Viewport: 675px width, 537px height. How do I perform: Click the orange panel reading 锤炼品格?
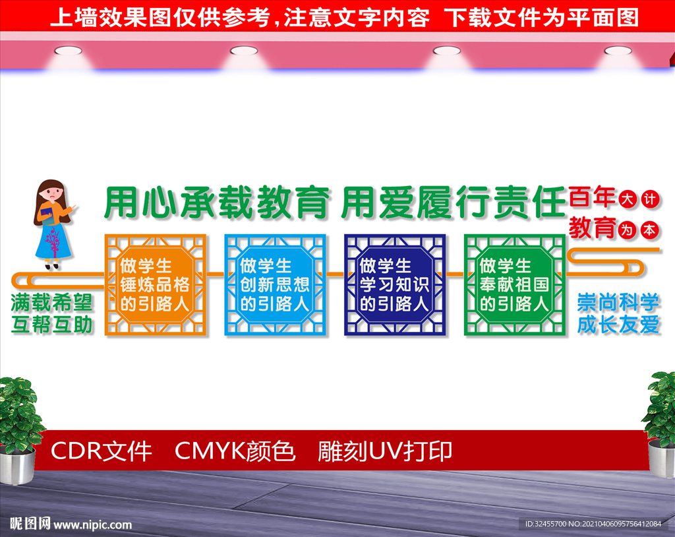156,285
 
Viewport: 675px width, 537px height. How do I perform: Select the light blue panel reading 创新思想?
275,285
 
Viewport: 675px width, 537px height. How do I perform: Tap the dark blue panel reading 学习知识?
395,285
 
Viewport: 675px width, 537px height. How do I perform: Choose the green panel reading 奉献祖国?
514,285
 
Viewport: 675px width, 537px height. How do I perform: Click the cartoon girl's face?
53,193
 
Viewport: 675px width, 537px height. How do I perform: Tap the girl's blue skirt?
53,241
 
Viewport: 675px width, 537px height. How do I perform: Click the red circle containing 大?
628,199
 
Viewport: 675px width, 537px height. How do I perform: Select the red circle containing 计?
650,199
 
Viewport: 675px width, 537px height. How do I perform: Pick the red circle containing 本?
650,231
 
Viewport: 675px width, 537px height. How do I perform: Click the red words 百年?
592,197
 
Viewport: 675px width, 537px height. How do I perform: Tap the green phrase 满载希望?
51,302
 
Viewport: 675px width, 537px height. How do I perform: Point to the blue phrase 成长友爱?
618,325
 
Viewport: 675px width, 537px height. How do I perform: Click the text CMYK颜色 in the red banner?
235,452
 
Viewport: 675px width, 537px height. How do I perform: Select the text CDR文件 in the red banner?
101,452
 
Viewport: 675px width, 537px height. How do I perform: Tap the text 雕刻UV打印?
385,452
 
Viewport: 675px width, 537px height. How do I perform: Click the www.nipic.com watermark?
92,524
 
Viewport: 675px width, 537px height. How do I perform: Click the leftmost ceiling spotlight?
68,51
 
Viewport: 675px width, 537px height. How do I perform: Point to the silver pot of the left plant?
17,466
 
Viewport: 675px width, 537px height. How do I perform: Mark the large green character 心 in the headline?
160,202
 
